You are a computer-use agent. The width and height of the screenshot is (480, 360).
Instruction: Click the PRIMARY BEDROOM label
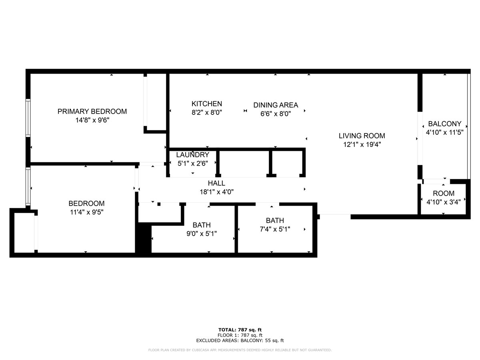(92, 111)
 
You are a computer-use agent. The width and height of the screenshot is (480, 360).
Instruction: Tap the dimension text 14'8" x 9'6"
(92, 120)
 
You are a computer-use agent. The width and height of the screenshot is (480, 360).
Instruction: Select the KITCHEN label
(206, 104)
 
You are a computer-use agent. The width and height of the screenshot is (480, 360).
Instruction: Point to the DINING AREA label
(276, 105)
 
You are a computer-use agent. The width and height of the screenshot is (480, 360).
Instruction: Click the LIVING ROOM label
(362, 136)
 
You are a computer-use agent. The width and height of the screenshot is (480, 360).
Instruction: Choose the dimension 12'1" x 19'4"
(362, 145)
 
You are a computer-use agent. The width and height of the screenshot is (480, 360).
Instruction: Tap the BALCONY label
(444, 124)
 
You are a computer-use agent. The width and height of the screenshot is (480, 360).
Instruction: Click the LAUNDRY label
(192, 155)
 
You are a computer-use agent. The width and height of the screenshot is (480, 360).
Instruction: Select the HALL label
(216, 183)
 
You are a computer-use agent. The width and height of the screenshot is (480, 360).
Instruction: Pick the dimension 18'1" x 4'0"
(216, 192)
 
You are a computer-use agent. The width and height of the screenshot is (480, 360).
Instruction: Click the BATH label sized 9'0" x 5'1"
(202, 225)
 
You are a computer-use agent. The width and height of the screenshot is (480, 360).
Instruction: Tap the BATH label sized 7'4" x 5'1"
(275, 220)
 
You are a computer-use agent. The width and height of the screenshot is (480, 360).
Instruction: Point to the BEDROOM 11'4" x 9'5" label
(86, 204)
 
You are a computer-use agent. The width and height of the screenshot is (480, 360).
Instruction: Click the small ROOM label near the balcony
(444, 193)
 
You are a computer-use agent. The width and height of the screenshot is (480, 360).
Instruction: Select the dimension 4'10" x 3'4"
(444, 202)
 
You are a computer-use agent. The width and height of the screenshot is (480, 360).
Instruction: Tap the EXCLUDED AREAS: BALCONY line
(240, 341)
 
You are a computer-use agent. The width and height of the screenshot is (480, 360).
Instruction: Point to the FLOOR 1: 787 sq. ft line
(240, 335)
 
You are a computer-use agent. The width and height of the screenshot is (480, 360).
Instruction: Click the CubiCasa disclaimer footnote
(240, 350)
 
